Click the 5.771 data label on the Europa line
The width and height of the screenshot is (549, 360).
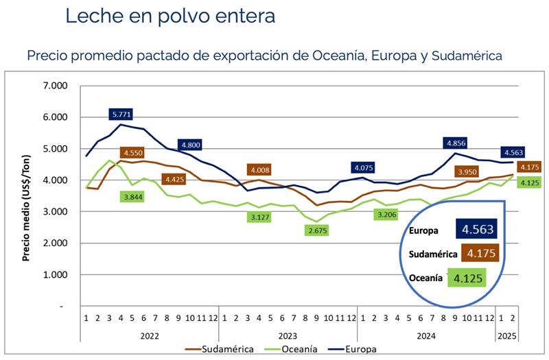[122, 113]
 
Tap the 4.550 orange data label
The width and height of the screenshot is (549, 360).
[133, 153]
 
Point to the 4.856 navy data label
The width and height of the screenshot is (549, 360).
[456, 143]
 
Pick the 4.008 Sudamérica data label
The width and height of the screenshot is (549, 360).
[261, 170]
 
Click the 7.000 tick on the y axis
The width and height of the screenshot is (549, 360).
[56, 86]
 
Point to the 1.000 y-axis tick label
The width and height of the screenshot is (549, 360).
[56, 275]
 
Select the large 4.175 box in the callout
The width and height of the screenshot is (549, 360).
[480, 253]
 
